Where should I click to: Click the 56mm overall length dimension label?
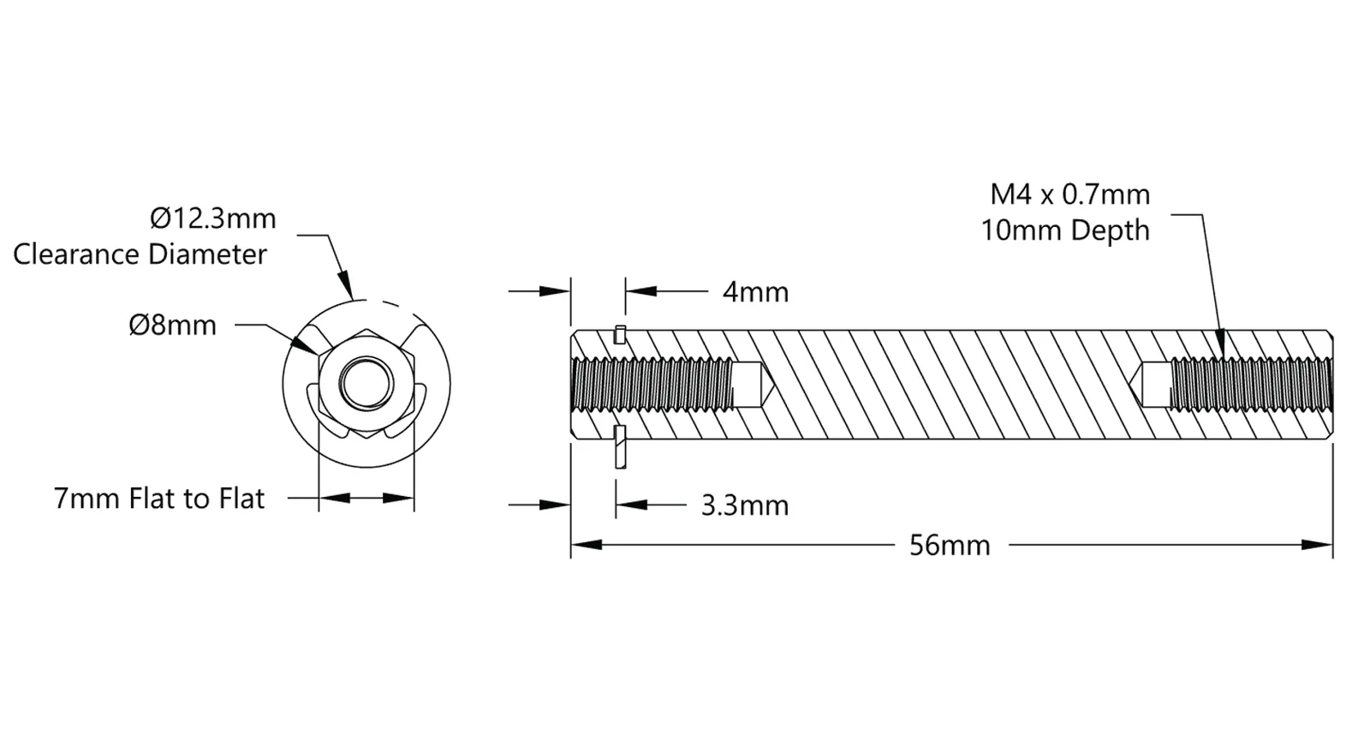(x=950, y=545)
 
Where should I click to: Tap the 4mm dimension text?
(x=755, y=292)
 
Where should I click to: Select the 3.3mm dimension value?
(x=744, y=506)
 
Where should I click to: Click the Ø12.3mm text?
(x=213, y=218)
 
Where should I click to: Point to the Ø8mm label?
(x=173, y=326)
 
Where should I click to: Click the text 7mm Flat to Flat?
(x=159, y=498)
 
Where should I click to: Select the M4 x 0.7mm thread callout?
(x=1070, y=194)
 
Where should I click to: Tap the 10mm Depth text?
(x=1065, y=230)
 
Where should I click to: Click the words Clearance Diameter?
(x=140, y=254)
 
